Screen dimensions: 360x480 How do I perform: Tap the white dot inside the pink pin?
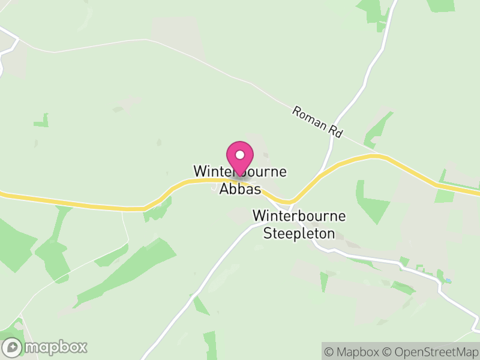click(240, 154)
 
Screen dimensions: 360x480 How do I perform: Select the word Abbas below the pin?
click(240, 189)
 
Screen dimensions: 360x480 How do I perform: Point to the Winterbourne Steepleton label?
click(299, 224)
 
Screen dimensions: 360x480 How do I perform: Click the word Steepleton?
click(299, 233)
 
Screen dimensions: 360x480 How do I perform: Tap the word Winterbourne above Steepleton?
click(299, 215)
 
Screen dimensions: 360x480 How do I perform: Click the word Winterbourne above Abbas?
click(240, 172)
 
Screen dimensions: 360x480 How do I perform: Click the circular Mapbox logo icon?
click(13, 347)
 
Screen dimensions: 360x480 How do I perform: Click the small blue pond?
click(448, 280)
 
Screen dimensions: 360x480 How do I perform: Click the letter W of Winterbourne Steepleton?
click(258, 215)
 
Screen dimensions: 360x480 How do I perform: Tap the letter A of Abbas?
click(223, 189)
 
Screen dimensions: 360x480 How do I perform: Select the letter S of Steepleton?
click(268, 233)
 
